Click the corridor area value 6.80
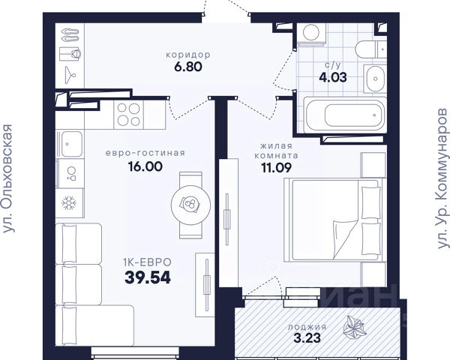coord(188,67)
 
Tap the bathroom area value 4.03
coord(333,77)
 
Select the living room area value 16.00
coord(145,166)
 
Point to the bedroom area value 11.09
coord(276,168)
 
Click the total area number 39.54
coord(148,277)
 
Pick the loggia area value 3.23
coord(307,338)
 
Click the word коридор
coord(188,55)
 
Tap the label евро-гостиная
coord(145,153)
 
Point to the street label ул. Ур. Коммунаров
coord(442,178)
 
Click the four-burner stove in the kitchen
coord(128,115)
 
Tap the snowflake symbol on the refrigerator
coord(69,202)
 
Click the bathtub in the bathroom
coord(345,115)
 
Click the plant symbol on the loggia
coord(355,328)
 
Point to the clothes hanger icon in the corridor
coord(70,75)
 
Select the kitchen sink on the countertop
coord(70,144)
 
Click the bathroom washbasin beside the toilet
coord(375,78)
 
